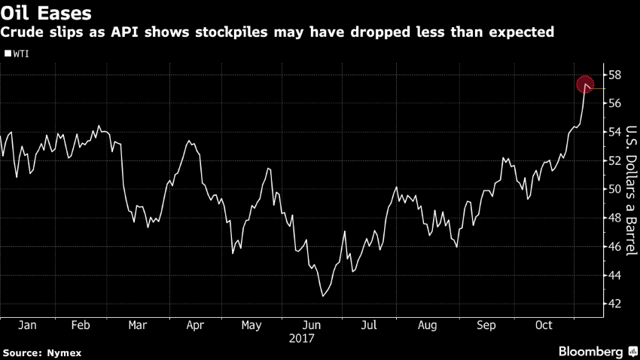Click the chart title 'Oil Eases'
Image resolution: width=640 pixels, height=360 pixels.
(x=47, y=13)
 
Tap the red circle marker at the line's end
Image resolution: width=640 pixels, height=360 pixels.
(x=586, y=84)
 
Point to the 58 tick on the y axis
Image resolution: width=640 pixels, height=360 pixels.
(x=614, y=75)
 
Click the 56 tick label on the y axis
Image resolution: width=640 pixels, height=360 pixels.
(x=614, y=104)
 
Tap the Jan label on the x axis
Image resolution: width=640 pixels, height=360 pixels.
(x=27, y=326)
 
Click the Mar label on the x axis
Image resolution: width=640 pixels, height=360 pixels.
(x=138, y=326)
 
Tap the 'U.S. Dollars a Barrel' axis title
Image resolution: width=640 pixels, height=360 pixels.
(x=632, y=190)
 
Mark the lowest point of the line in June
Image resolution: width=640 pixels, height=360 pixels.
(x=322, y=296)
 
